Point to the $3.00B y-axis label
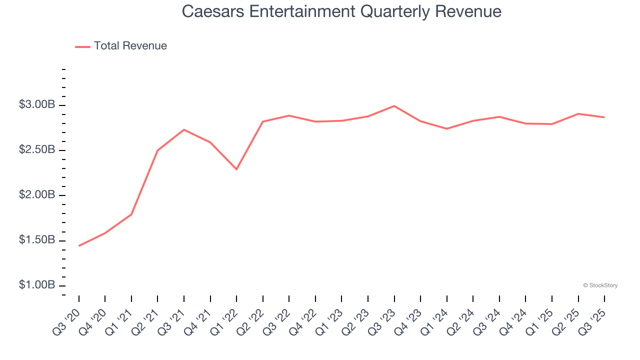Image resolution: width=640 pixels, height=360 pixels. (37, 105)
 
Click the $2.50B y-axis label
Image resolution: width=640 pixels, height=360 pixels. (37, 150)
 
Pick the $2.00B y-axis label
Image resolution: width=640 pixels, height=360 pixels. (37, 195)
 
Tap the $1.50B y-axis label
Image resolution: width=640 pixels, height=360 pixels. (37, 240)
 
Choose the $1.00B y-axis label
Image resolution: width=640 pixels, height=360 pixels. (37, 285)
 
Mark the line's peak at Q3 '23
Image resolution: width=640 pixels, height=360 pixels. (394, 106)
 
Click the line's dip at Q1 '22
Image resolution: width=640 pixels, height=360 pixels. (236, 169)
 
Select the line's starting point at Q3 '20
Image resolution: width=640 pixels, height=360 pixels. (79, 246)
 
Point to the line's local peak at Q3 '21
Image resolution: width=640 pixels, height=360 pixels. (184, 129)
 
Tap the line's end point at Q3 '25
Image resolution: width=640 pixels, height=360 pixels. (604, 117)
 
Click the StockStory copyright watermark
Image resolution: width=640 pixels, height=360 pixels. (600, 285)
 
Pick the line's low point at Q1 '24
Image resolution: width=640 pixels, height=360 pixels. (446, 129)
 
